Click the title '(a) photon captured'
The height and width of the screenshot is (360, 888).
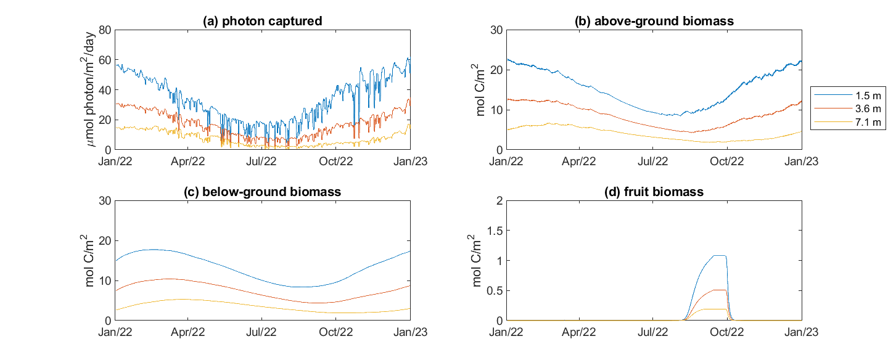tap(263, 21)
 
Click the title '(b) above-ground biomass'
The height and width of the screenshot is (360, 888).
tap(654, 21)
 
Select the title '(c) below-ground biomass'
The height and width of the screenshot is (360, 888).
tap(263, 192)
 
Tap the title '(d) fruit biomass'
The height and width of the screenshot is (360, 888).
tap(654, 192)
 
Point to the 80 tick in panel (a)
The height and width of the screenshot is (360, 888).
tap(104, 30)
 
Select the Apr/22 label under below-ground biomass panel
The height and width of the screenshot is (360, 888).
tap(188, 332)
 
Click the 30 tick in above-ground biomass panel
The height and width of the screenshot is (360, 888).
tap(495, 30)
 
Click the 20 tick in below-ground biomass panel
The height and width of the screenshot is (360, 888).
tap(104, 241)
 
